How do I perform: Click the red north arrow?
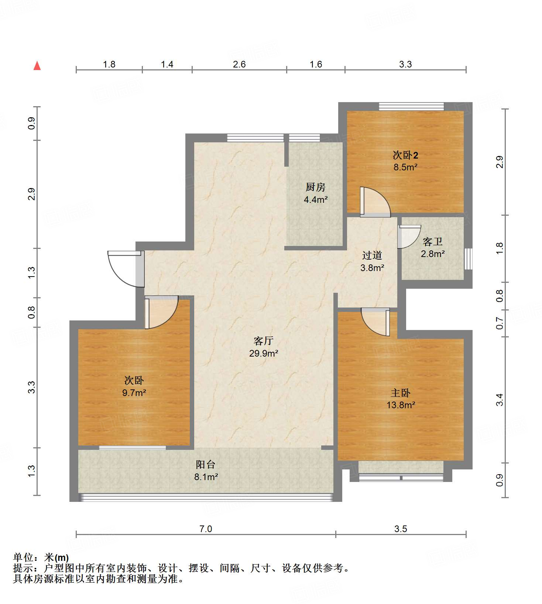pos(37,66)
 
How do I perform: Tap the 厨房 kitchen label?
pos(315,187)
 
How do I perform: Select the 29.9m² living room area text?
pos(263,353)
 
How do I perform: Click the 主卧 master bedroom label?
pos(401,393)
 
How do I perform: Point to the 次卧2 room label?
pos(405,155)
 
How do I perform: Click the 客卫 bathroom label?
pos(432,242)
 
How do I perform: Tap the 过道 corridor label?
pos(372,255)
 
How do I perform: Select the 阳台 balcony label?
pos(205,464)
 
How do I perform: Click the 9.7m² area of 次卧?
pos(134,393)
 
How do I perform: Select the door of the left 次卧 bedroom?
pos(161,312)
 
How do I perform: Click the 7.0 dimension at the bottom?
pos(206,529)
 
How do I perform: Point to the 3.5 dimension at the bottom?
pos(401,529)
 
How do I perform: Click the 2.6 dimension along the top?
pos(239,64)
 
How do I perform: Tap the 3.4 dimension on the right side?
pos(499,400)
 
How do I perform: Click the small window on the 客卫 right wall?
pos(468,258)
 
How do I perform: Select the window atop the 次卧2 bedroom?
pos(411,106)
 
